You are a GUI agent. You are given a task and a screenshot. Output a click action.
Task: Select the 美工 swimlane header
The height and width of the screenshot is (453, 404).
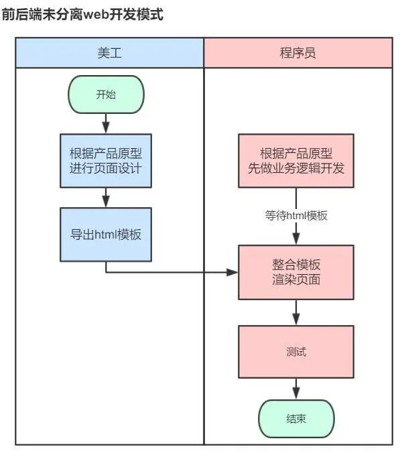tap(109, 53)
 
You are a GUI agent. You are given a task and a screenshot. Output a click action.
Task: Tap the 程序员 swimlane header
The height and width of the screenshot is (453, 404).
tap(297, 53)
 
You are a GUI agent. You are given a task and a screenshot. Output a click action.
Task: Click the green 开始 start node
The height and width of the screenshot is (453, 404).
tap(106, 94)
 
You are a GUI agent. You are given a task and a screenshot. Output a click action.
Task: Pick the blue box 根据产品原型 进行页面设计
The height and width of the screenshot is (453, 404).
tap(106, 161)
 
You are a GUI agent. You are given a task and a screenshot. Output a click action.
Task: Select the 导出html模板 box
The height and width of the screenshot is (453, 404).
tap(106, 235)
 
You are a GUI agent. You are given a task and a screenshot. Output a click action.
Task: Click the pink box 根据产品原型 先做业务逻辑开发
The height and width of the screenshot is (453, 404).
tap(295, 161)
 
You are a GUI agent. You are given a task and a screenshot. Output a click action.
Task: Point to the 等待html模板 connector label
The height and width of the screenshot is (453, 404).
tap(295, 216)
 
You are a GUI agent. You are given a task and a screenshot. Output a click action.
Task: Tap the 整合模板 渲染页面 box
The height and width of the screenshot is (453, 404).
tap(295, 271)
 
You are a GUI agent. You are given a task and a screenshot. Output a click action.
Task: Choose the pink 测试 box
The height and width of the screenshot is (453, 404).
tap(295, 351)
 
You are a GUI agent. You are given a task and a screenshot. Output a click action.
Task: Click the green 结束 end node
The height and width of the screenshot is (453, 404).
tap(295, 419)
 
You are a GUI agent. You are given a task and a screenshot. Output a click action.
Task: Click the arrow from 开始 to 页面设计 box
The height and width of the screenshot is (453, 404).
tap(106, 123)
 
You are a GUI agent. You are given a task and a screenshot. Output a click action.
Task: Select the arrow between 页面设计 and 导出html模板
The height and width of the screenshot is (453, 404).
tap(106, 197)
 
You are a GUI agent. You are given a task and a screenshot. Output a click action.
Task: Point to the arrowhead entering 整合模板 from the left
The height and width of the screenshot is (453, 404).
tap(232, 272)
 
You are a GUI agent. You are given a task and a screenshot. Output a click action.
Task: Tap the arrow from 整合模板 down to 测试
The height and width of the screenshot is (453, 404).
tap(295, 312)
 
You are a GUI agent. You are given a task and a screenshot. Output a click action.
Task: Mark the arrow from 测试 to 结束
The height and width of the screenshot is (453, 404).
tap(295, 389)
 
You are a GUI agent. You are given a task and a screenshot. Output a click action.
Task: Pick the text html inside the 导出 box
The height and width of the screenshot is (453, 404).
tap(106, 235)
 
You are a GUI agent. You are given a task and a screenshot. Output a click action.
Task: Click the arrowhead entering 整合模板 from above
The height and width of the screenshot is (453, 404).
tap(295, 239)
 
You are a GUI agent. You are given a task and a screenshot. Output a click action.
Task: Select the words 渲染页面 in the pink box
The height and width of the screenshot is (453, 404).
tap(295, 279)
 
